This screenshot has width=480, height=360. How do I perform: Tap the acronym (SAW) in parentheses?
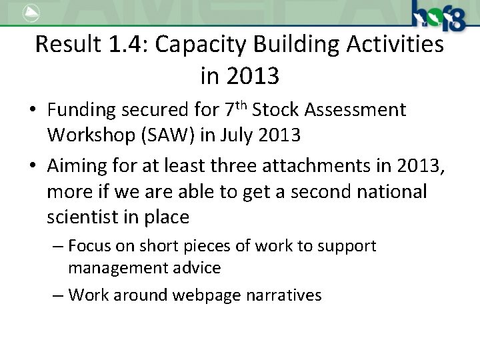pos(175,136)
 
